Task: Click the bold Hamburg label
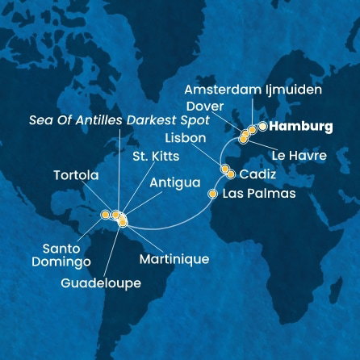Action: point(301,127)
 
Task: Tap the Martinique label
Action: point(174,259)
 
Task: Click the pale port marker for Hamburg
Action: point(262,126)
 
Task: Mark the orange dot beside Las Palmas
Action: point(213,194)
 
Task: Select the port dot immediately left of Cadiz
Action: point(231,174)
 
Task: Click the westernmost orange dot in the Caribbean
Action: point(105,215)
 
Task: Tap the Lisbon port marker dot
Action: point(225,169)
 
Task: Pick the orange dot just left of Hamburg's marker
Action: point(252,129)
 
